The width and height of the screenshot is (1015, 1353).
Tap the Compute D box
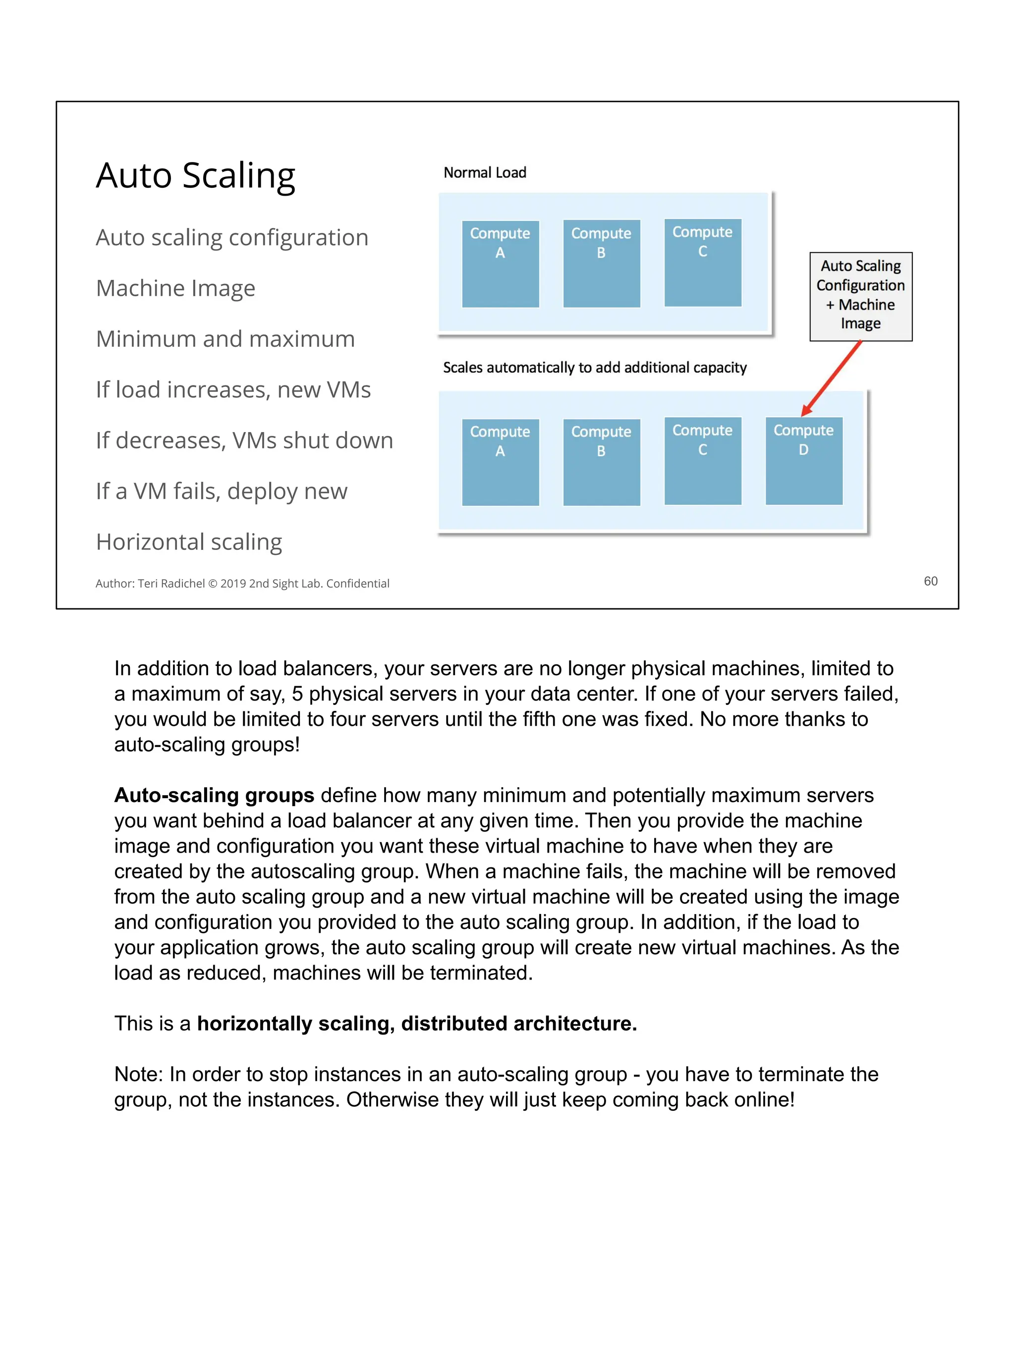click(803, 461)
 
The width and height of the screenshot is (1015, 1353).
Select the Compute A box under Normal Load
click(500, 264)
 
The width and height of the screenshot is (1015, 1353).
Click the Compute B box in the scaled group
click(601, 462)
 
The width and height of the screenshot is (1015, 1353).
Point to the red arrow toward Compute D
click(832, 378)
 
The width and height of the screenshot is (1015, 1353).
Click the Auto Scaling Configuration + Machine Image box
click(860, 296)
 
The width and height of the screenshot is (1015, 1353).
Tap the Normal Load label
click(485, 172)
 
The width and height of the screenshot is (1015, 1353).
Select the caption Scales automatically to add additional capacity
click(594, 368)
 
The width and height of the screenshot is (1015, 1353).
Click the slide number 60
click(930, 581)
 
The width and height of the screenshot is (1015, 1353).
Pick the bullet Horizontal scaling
click(189, 542)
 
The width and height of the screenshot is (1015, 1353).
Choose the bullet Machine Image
click(175, 288)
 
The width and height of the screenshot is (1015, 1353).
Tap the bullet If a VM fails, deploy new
click(222, 491)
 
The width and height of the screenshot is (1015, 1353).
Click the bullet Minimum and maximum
click(225, 339)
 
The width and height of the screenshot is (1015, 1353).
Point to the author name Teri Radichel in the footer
click(171, 584)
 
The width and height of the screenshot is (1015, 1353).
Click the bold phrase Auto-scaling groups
click(214, 795)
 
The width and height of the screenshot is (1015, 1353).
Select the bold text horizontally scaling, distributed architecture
click(417, 1024)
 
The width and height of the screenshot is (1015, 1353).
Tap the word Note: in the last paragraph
click(139, 1074)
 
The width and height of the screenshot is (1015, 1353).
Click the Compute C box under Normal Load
click(702, 263)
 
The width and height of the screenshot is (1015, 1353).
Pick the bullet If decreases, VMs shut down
click(244, 440)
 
